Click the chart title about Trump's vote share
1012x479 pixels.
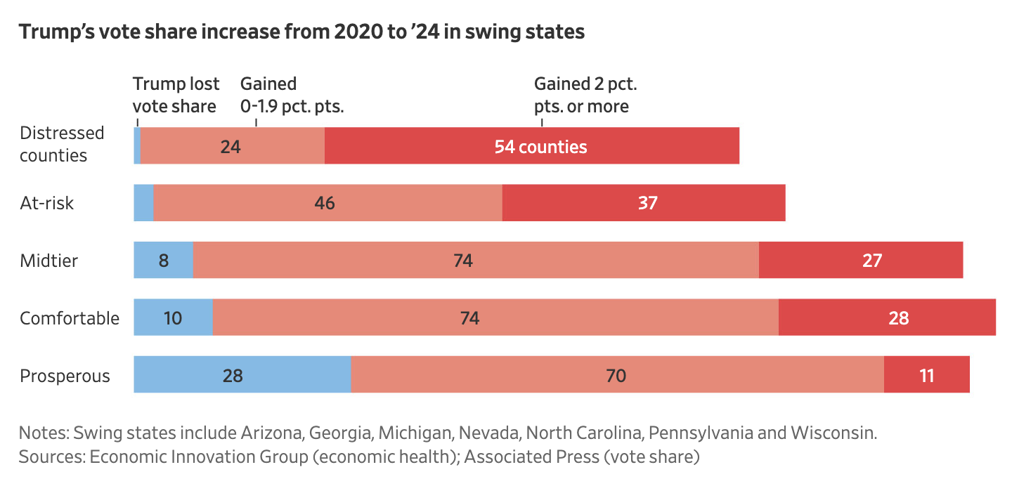tap(301, 32)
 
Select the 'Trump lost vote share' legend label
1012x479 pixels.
tap(176, 95)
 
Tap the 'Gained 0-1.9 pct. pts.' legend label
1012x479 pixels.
tap(292, 95)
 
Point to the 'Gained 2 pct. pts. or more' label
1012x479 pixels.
tap(585, 95)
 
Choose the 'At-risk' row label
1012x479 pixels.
tap(47, 203)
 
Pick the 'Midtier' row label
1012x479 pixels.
tap(48, 261)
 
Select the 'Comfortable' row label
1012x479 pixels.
tap(70, 318)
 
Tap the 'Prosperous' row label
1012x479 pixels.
tap(65, 376)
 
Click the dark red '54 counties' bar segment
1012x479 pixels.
tap(532, 146)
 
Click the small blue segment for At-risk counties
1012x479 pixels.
tap(143, 203)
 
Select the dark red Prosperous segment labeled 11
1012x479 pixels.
tap(926, 375)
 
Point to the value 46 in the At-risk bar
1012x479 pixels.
tap(325, 204)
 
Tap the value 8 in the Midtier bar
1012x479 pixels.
tap(164, 261)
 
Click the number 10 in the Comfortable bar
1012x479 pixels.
tap(172, 318)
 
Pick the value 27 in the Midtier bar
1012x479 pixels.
tap(871, 261)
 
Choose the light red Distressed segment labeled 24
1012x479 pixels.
tap(231, 147)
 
